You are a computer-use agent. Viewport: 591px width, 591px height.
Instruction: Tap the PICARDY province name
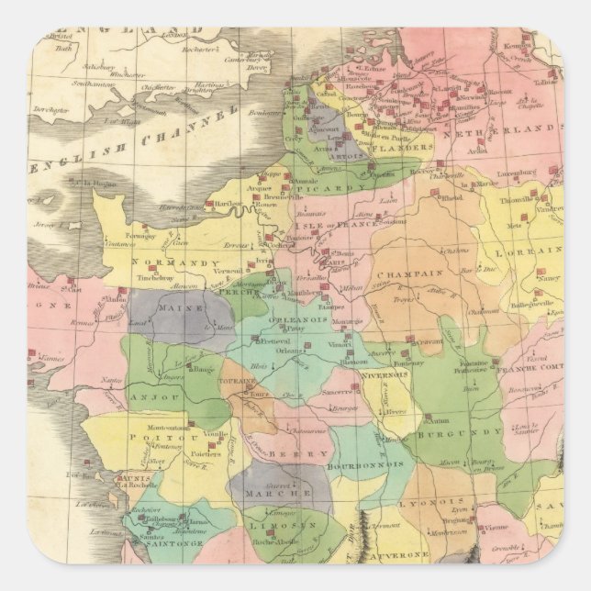coord(318,190)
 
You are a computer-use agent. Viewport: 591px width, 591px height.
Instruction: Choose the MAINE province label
coord(180,308)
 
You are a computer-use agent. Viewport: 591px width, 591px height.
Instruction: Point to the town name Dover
coord(258,67)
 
